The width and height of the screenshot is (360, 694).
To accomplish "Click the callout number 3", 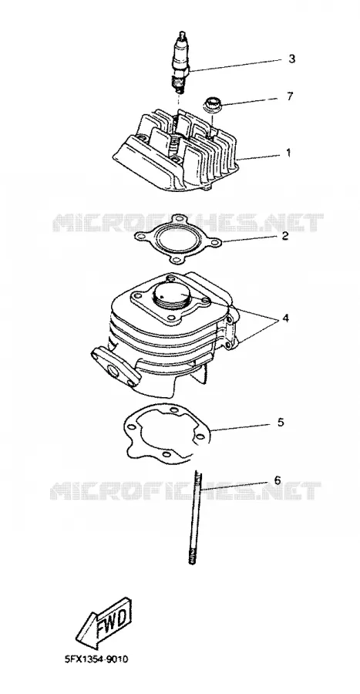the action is click(291, 59).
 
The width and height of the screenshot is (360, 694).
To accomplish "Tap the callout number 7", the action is click(290, 96).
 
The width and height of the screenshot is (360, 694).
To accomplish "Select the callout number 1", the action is click(288, 153).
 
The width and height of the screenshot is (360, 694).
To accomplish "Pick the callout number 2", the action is click(285, 236).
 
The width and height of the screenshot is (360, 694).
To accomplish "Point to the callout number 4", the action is click(286, 318).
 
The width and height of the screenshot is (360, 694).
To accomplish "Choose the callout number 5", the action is click(281, 423).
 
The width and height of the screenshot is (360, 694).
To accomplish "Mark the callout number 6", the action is click(278, 480).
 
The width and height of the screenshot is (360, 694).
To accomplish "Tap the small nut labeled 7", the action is click(211, 104).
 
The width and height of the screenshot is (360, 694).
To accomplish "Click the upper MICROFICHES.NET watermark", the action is click(188, 223).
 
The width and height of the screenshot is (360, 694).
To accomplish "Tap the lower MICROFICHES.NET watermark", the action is click(186, 490).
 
